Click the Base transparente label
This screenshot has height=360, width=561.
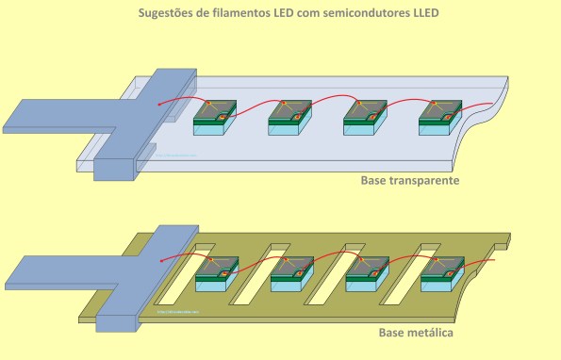(409, 180)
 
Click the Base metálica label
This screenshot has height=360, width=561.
(416, 334)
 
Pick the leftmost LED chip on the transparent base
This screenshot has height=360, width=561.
(213, 116)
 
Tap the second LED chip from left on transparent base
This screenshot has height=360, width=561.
(289, 116)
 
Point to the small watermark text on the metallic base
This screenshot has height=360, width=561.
(176, 310)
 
